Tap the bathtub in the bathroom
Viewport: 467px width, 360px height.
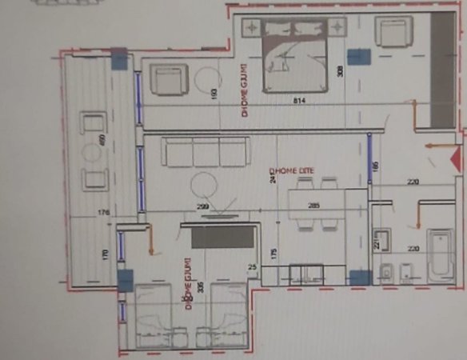point(440,255)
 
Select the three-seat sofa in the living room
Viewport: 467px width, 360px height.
point(205,151)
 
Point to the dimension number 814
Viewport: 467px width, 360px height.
point(300,101)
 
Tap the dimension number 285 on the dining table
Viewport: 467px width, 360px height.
point(314,206)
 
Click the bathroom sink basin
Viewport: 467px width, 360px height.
point(381,241)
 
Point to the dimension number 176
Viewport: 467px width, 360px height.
point(102,213)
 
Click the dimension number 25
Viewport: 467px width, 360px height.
point(253,266)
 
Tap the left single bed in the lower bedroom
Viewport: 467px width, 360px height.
point(154,316)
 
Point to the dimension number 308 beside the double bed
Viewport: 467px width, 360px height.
point(340,70)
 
